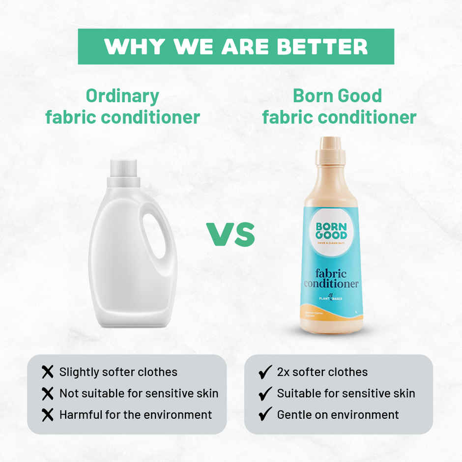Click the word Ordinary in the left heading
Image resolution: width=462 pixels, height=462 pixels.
pos(122,95)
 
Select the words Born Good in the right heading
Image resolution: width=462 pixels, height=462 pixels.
pos(337,95)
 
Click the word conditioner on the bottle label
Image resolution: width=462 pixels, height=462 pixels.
pos(331,284)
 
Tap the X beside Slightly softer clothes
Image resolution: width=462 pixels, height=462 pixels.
pos(48,372)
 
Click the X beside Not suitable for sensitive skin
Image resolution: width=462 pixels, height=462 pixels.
pos(48,393)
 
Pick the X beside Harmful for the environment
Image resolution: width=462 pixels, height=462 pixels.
pos(48,415)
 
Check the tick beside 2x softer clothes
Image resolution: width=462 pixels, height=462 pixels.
pos(265,372)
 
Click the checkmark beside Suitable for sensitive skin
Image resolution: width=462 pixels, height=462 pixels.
pos(265,393)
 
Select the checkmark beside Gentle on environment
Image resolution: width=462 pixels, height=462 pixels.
pos(265,415)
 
